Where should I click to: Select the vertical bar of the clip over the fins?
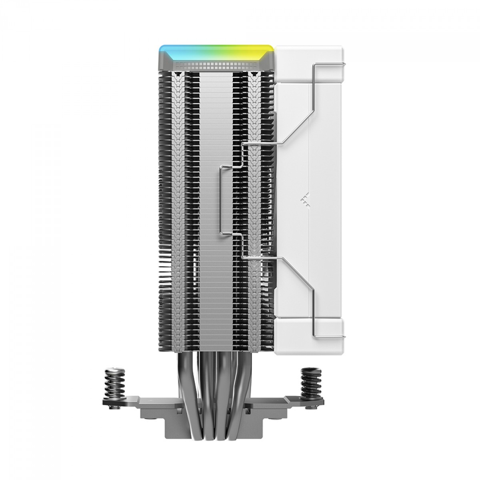coord(220,200)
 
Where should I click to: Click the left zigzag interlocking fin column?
coord(180,200)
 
